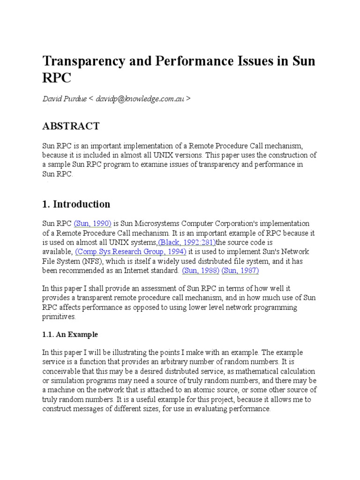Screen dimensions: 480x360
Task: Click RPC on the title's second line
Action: (x=57, y=78)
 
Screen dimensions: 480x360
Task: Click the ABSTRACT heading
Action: (x=71, y=126)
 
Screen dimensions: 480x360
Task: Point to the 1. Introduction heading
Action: (x=76, y=204)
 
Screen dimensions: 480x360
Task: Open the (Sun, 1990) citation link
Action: (x=92, y=224)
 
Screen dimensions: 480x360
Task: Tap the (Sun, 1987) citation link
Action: (x=240, y=270)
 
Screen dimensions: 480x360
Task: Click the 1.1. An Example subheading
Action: (x=70, y=334)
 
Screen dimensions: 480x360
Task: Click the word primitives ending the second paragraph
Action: (x=60, y=316)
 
